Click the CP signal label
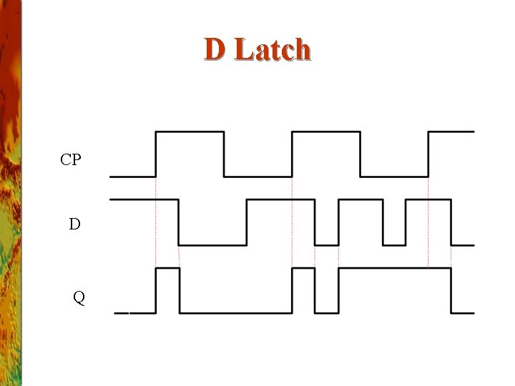(71, 159)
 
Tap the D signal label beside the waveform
(74, 224)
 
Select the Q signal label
(79, 297)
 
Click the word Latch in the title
(273, 50)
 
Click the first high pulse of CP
(190, 132)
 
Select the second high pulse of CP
(326, 132)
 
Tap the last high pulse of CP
(451, 132)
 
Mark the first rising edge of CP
(156, 154)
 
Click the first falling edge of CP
(224, 154)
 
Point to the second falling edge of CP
(360, 154)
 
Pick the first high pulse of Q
(167, 268)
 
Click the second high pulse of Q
(303, 268)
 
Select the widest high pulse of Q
(395, 268)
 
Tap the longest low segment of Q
(236, 312)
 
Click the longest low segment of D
(212, 244)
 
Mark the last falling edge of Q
(451, 290)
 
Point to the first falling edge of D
(179, 222)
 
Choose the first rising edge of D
(247, 222)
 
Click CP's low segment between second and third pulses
(394, 176)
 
